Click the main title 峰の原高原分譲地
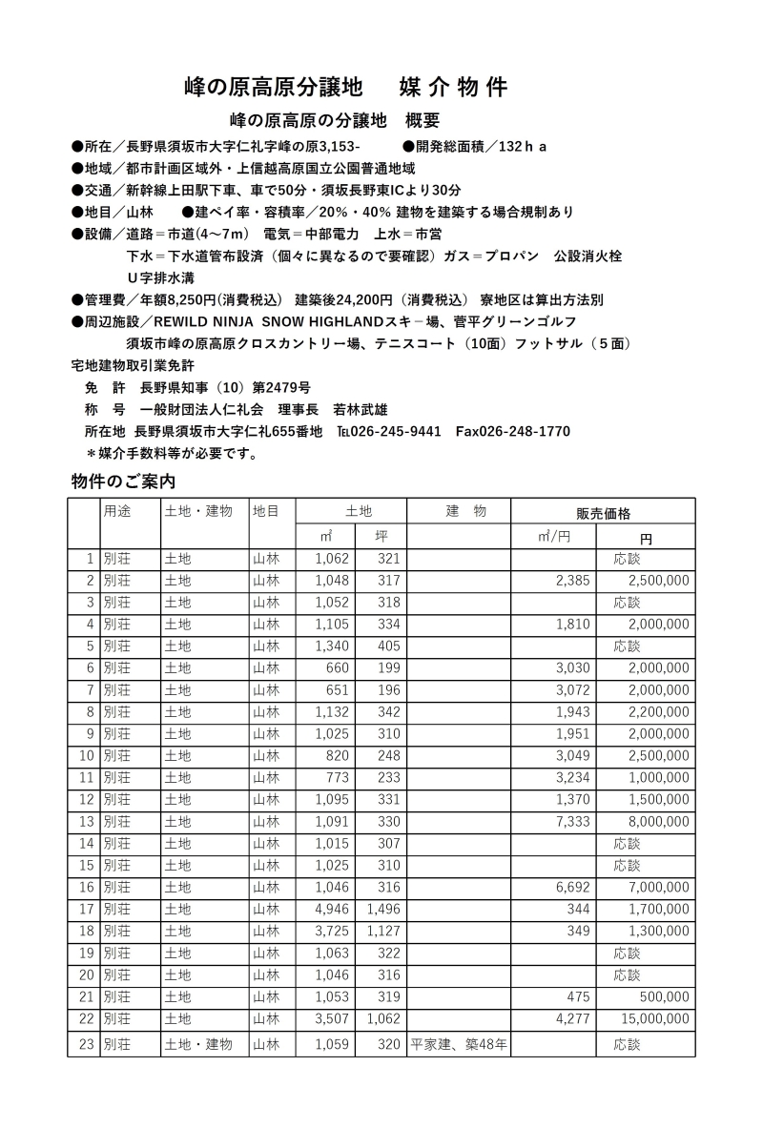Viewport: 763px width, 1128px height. (x=274, y=88)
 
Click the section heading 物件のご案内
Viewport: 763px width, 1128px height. (x=123, y=481)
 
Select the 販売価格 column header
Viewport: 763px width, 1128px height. (x=603, y=512)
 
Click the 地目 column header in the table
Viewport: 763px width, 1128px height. (x=266, y=511)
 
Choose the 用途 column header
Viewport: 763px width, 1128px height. (x=117, y=511)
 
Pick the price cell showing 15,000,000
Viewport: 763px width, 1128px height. (x=646, y=1019)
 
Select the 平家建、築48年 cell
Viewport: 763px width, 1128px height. (x=459, y=1044)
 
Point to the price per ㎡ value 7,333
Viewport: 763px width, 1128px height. (x=572, y=822)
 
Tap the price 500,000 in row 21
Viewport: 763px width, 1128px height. (x=659, y=997)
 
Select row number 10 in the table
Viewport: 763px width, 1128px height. (x=86, y=756)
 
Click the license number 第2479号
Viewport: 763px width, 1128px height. (x=280, y=388)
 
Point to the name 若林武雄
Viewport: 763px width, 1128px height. (x=361, y=410)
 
